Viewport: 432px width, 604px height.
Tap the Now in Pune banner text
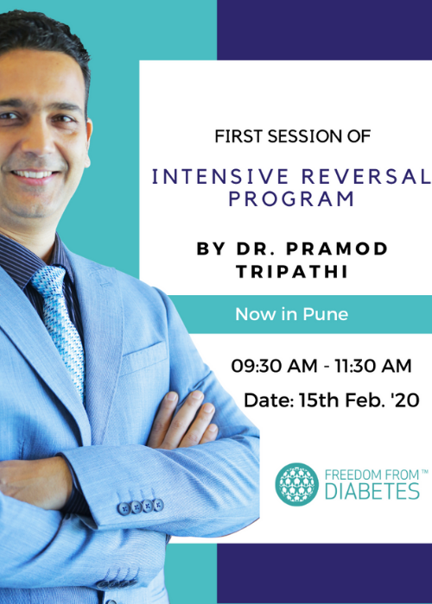[291, 314]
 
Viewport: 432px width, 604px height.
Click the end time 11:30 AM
[372, 366]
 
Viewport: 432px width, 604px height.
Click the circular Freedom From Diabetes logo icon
[297, 484]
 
